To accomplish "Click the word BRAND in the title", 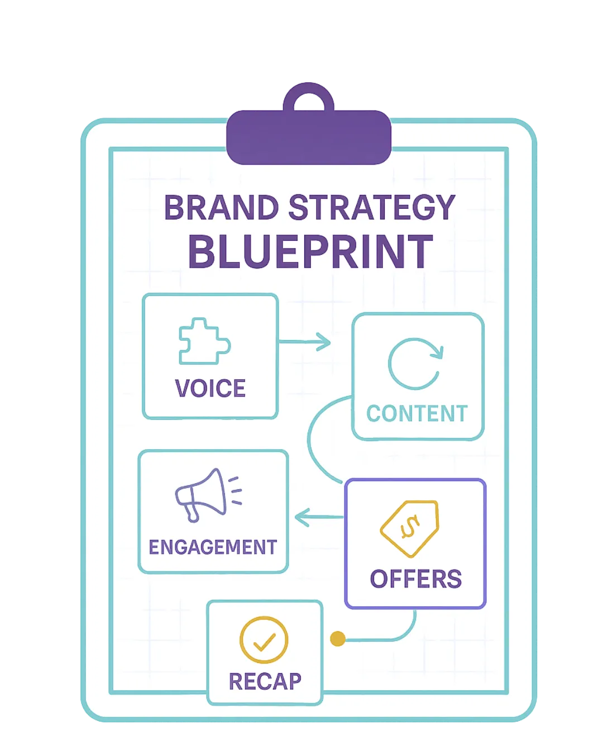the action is tap(221, 207).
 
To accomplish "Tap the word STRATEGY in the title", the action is tap(371, 207).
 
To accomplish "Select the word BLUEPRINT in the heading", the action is tap(310, 251).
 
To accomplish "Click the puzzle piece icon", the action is tap(204, 341).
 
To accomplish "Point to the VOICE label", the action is tap(210, 388).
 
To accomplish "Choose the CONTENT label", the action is tap(417, 413).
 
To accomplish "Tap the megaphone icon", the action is tap(208, 495).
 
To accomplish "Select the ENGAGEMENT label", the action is tap(213, 547).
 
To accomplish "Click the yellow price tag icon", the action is tap(409, 528).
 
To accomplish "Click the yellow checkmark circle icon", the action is tap(264, 640).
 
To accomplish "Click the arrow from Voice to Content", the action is tap(304, 341).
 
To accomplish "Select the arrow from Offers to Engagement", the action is tap(319, 517).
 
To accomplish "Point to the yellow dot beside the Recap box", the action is tap(338, 638).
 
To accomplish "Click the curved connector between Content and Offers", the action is tap(308, 440).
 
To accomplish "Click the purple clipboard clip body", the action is tap(309, 137).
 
